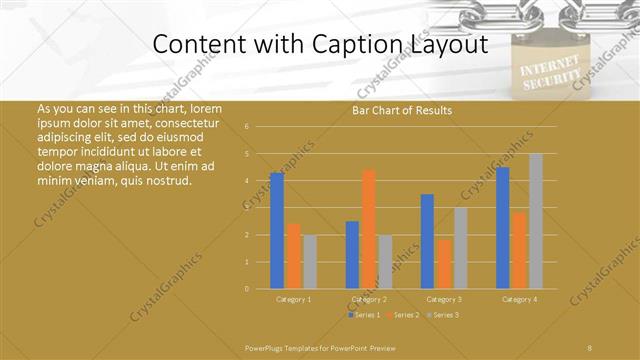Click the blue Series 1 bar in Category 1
click(277, 231)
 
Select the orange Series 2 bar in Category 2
click(368, 229)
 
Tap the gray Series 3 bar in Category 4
click(535, 221)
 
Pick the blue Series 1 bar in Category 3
click(427, 241)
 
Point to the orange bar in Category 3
click(443, 264)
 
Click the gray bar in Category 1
click(309, 262)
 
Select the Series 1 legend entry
click(363, 315)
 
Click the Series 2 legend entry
click(402, 315)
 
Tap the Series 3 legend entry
click(442, 315)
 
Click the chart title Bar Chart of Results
click(402, 110)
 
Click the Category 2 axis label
click(368, 299)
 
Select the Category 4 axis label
click(519, 299)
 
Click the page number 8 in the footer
click(589, 347)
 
